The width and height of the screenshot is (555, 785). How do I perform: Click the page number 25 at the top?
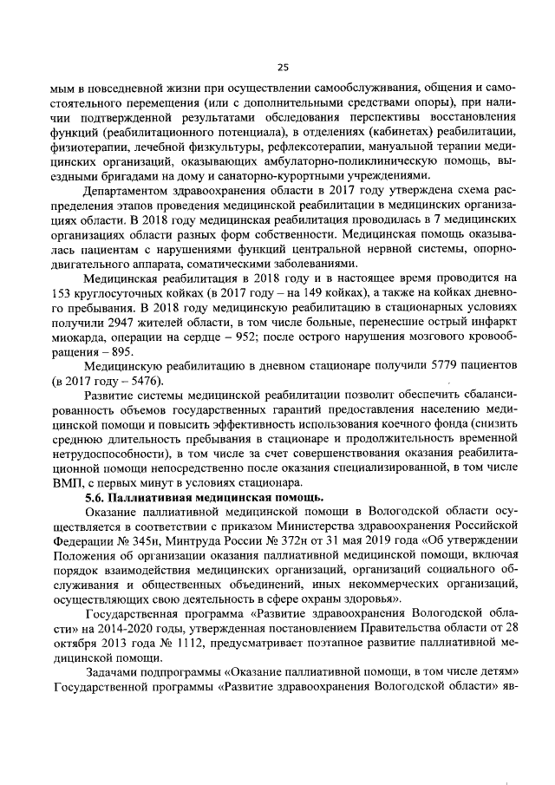pos(282,68)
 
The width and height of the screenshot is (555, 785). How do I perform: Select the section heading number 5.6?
pos(95,497)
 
